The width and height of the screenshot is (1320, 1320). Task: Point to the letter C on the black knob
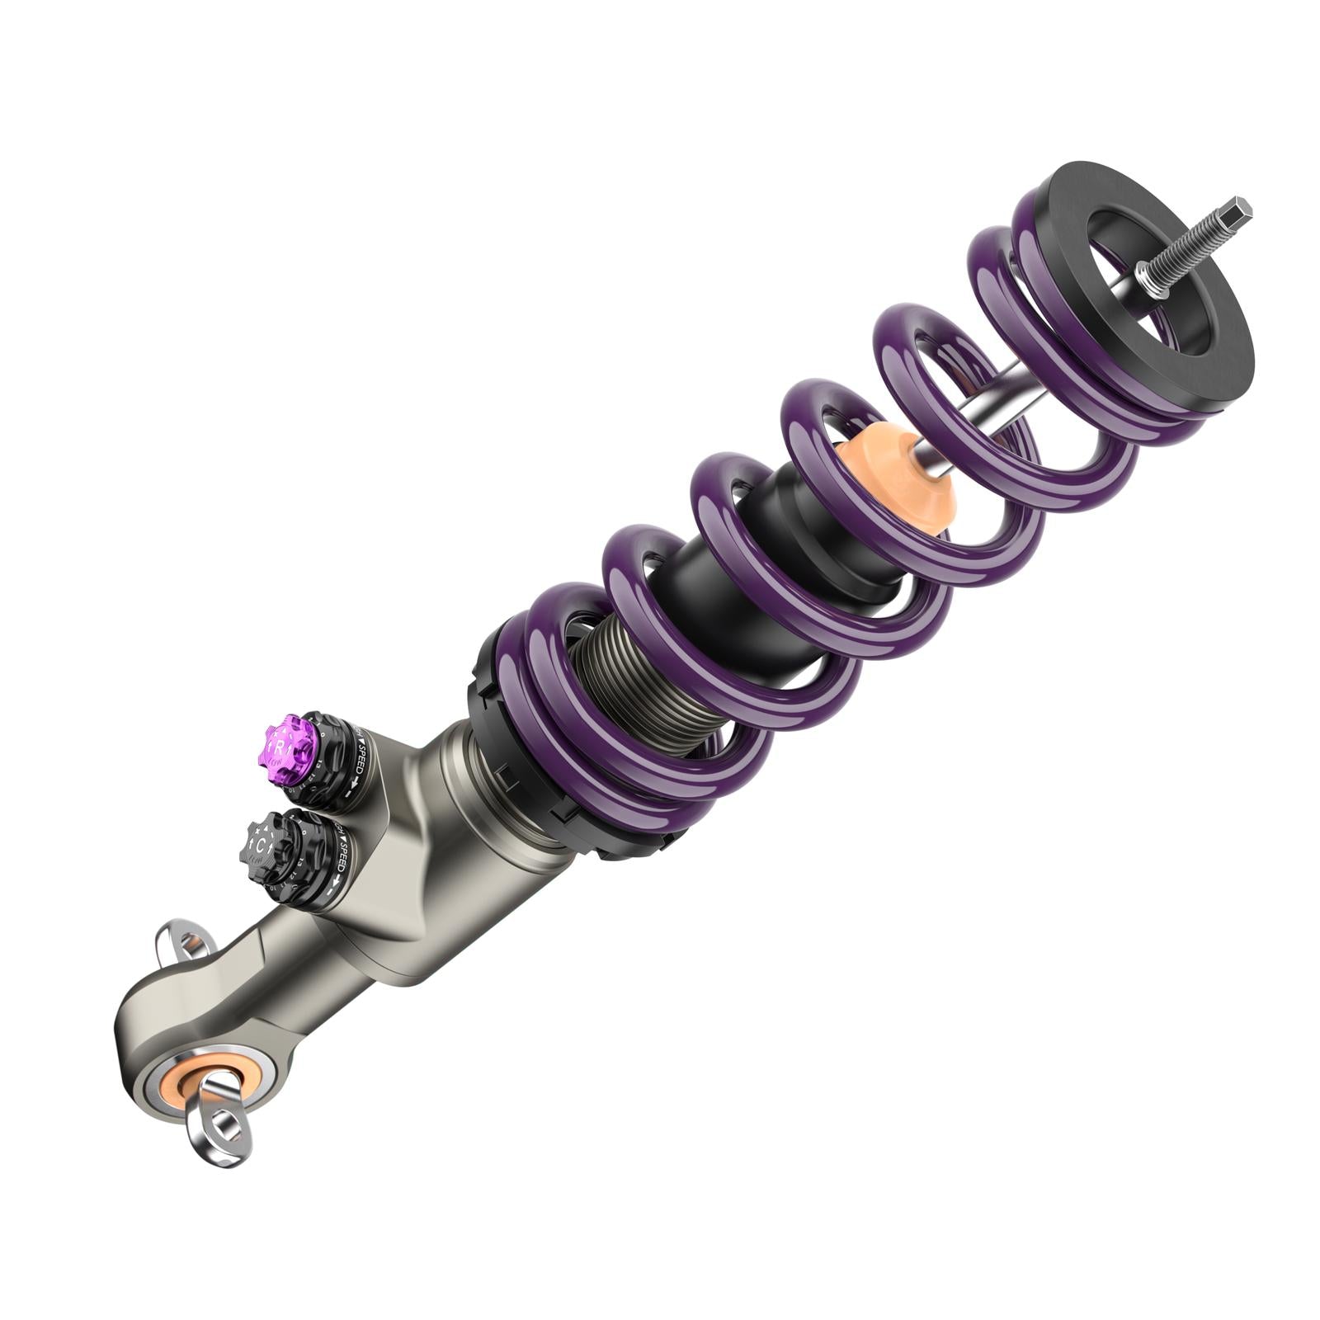tap(260, 846)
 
